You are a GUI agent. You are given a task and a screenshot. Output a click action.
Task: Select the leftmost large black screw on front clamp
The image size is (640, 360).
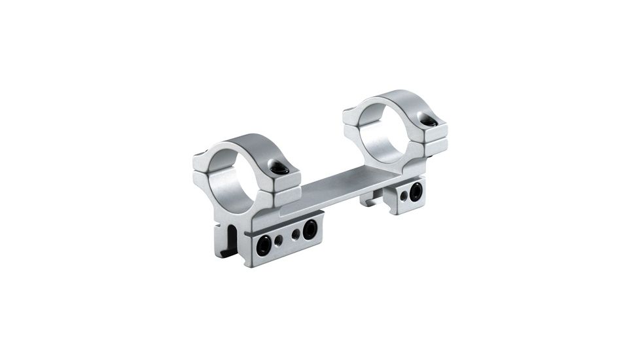tap(264, 247)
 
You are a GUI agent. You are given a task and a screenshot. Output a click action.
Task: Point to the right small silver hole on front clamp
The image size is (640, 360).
tap(296, 234)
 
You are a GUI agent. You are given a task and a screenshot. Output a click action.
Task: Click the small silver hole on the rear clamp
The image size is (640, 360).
tap(403, 196)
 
